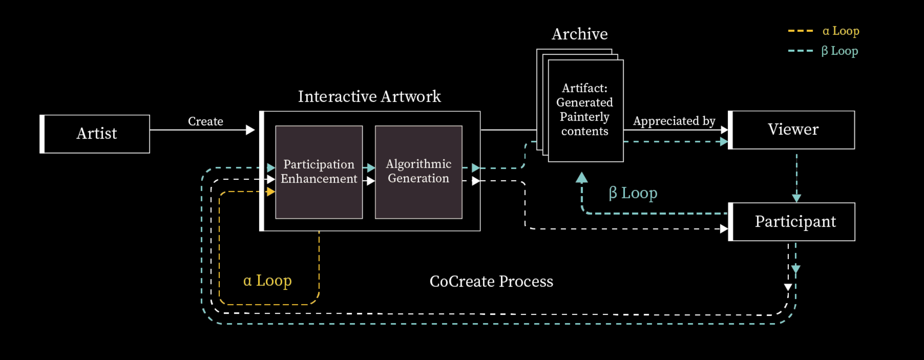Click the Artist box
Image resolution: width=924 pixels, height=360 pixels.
pos(95,134)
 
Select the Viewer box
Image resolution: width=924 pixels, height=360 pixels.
pos(792,130)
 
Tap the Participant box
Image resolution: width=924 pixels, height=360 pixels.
pos(792,222)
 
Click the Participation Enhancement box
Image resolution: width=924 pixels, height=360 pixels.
pos(319,172)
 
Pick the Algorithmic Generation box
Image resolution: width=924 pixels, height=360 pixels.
pos(418,172)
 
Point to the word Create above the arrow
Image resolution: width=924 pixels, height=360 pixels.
pos(206,121)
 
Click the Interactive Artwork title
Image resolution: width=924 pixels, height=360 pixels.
pos(369,96)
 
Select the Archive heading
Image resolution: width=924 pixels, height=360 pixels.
pos(580,34)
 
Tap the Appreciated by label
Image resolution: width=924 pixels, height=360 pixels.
pos(674,121)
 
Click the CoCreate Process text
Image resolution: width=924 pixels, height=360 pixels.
pos(491,282)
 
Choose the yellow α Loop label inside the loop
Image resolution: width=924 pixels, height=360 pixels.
pos(268,281)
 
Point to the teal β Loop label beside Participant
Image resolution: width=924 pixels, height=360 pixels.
pos(633,193)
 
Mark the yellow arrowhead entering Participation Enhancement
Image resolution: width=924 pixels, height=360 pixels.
pos(271,192)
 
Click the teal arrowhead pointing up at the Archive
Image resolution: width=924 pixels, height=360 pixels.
pos(582,177)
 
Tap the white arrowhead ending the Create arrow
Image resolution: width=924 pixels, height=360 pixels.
pos(250,130)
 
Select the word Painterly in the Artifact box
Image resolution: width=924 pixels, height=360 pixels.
pos(584,117)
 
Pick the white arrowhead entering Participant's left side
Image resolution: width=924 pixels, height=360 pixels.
pos(724,229)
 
